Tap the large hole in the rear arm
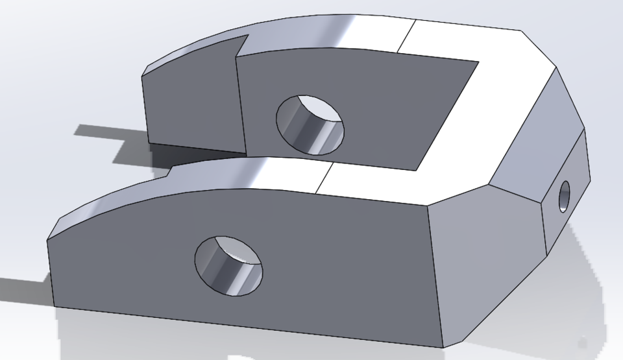tap(310, 124)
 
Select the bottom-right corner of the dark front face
tap(443, 343)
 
